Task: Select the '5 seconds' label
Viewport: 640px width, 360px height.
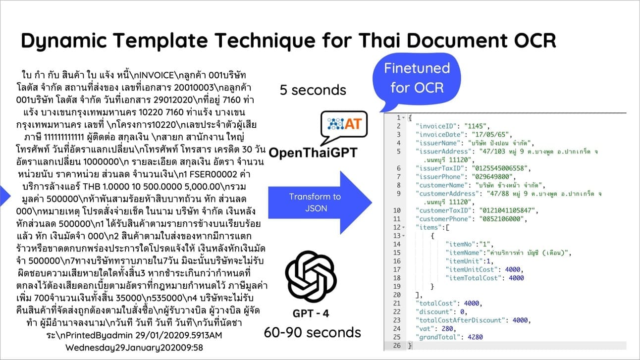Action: pyautogui.click(x=313, y=90)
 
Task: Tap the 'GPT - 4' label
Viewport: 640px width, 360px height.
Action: pyautogui.click(x=311, y=313)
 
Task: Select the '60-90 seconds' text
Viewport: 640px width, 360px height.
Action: pyautogui.click(x=312, y=332)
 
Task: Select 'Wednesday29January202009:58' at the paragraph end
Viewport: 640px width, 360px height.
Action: pyautogui.click(x=134, y=347)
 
